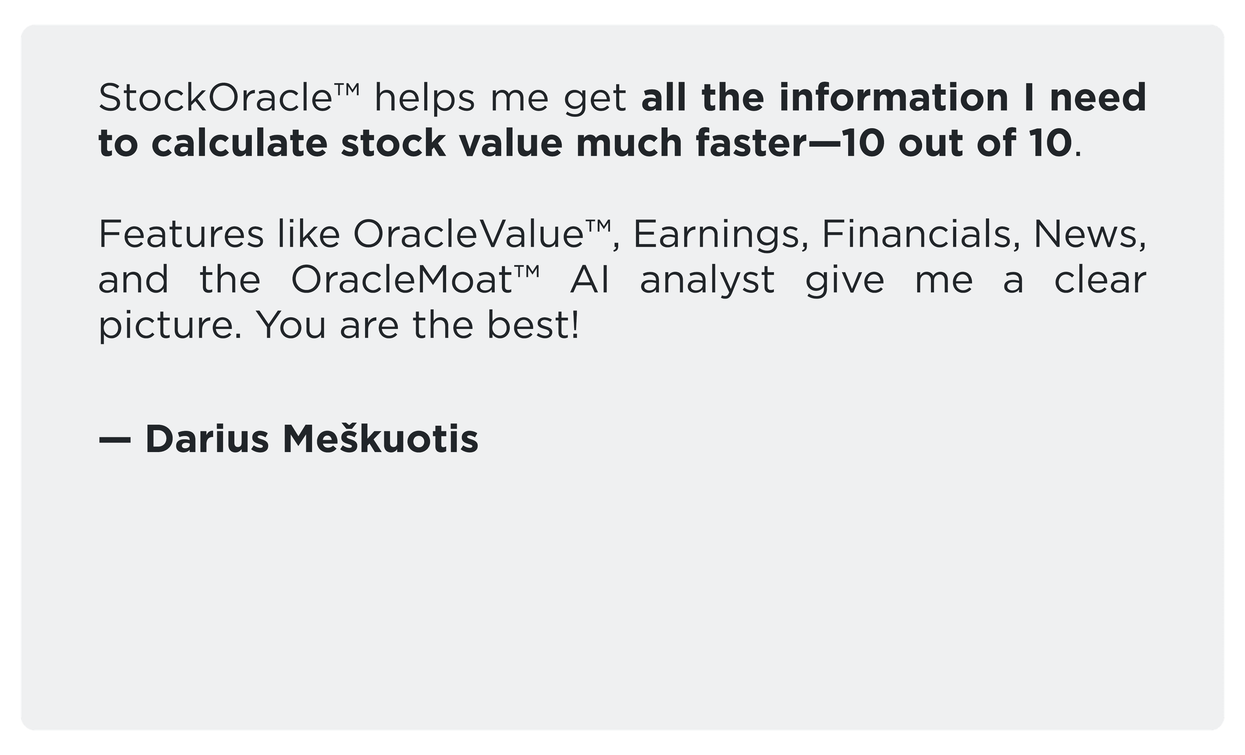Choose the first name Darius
[207, 438]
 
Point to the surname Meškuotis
[381, 437]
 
